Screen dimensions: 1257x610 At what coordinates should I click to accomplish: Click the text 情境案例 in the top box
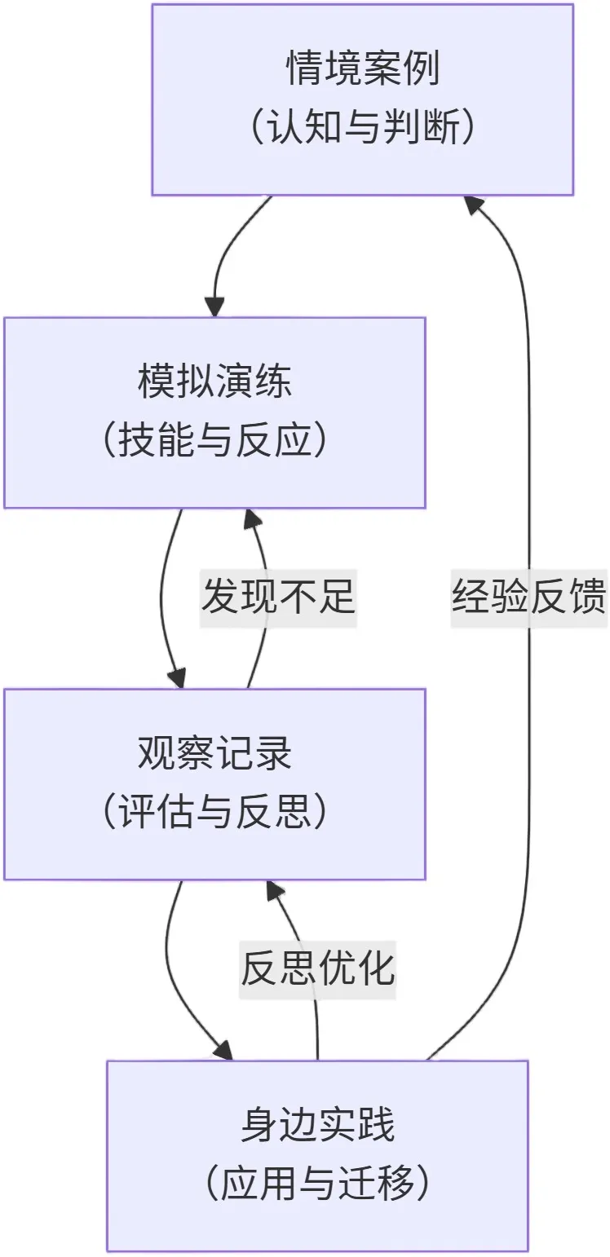(x=362, y=69)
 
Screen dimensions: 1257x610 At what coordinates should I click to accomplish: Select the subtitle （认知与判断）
(x=362, y=129)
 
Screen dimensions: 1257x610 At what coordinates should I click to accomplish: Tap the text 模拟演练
(x=214, y=382)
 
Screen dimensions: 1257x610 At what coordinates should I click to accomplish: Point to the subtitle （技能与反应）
(x=214, y=442)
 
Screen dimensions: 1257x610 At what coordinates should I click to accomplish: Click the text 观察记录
(x=214, y=754)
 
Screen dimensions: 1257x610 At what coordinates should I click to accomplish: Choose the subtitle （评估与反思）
(x=214, y=814)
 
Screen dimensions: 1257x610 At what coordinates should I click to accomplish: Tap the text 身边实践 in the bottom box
(x=317, y=1126)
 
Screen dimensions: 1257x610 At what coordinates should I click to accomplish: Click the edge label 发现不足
(x=278, y=598)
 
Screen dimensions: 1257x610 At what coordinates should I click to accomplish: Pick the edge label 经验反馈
(x=528, y=598)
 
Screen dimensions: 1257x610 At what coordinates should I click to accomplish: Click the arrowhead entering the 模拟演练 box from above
(x=214, y=307)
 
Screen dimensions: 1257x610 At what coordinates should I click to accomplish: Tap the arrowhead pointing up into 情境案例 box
(x=475, y=205)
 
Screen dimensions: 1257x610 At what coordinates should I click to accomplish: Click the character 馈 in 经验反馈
(x=587, y=598)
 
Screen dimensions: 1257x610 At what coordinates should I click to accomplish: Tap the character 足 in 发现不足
(x=337, y=598)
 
